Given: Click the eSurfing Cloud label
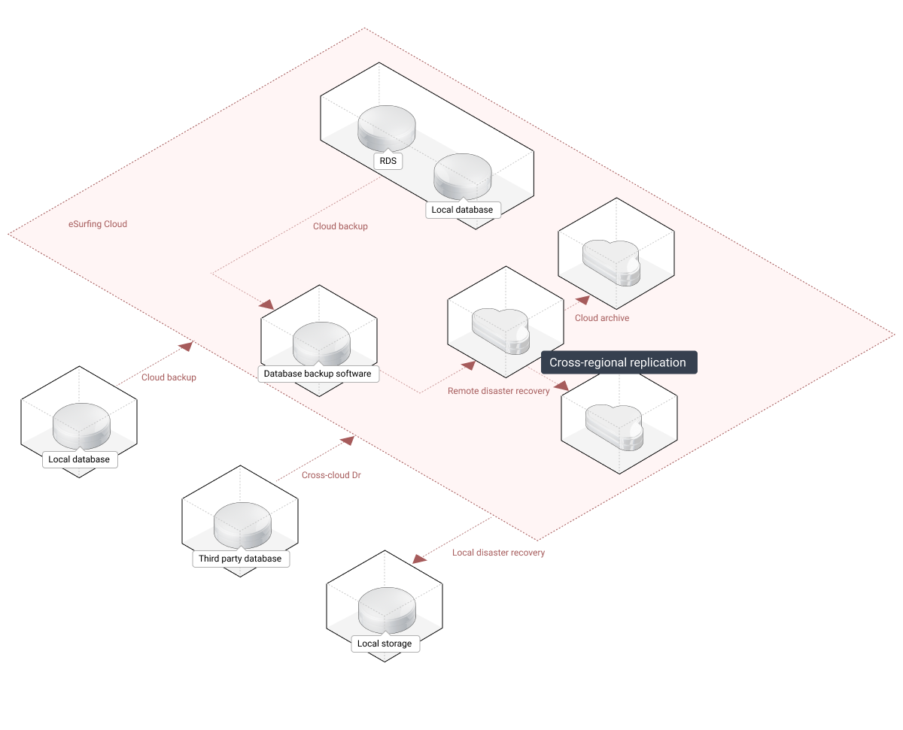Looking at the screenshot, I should coord(98,224).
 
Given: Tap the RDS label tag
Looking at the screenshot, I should coord(388,161).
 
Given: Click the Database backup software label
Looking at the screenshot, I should coord(318,374).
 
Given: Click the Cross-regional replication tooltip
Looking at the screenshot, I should coord(619,362).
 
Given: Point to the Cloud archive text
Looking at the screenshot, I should coord(602,318).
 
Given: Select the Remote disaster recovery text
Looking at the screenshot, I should coord(498,391).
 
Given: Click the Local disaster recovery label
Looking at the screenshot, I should coord(498,553).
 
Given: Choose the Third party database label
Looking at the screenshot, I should coord(240,559).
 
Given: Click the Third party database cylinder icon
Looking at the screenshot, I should coord(242,524).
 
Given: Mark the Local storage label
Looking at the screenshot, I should coord(385,644).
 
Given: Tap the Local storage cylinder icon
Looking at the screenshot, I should coord(386,609).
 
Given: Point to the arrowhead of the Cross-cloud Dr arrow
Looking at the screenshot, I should coord(348,439).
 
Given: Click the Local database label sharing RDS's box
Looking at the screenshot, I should coord(462,210).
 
